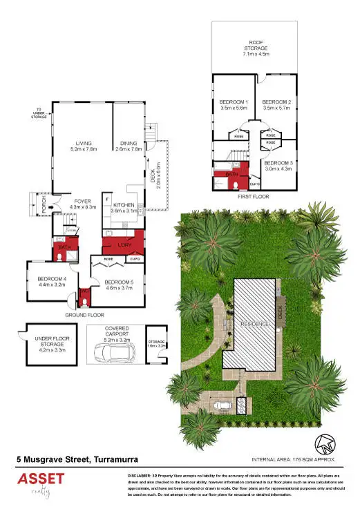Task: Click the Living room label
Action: (83, 143)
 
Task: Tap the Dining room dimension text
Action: (128, 148)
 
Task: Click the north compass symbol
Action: (323, 444)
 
